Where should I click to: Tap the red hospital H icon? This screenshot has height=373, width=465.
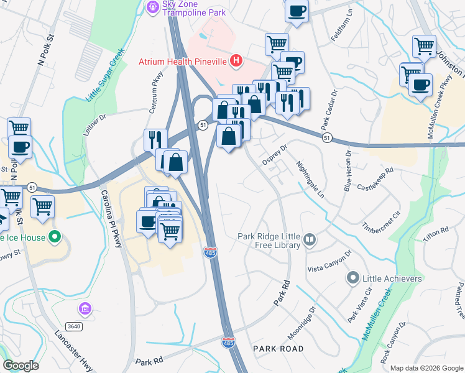pos(236,61)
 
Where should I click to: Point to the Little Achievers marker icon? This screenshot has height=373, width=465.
pos(354,278)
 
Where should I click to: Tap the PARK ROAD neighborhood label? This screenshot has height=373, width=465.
pos(279,349)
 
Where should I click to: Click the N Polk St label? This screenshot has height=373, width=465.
pos(47,50)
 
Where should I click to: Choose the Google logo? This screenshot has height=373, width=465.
pos(20,366)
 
